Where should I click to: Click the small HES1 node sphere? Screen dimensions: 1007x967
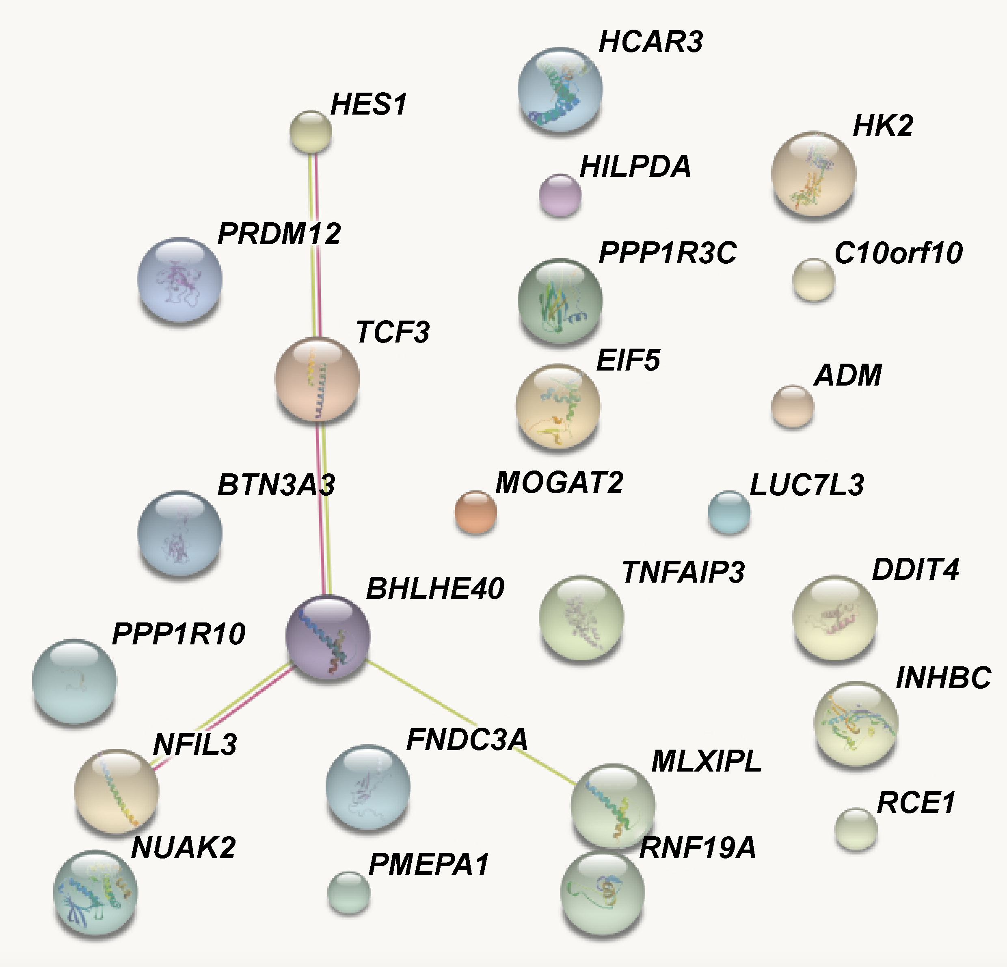[311, 132]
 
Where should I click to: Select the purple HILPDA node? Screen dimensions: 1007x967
[560, 195]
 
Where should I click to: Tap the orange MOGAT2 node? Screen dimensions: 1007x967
[476, 512]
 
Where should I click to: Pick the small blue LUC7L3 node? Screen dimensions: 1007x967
[729, 512]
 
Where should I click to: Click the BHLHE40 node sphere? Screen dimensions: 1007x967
[328, 637]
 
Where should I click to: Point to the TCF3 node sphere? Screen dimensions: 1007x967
[317, 379]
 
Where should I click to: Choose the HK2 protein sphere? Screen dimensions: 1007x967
[813, 174]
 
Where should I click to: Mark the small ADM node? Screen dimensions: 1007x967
[792, 407]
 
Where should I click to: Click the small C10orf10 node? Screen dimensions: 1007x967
[813, 280]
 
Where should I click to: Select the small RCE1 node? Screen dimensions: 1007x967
[856, 829]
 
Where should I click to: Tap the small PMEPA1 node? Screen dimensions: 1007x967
[349, 893]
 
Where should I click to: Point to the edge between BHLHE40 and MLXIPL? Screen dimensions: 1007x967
[471, 723]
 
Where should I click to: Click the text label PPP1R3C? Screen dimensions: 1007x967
[668, 253]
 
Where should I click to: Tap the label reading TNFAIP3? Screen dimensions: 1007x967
[683, 572]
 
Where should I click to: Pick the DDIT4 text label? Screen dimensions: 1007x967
[916, 569]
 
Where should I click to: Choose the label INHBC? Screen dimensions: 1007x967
[943, 678]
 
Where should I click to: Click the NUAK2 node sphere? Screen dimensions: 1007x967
[95, 893]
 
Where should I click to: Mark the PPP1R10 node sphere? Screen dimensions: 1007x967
[74, 682]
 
